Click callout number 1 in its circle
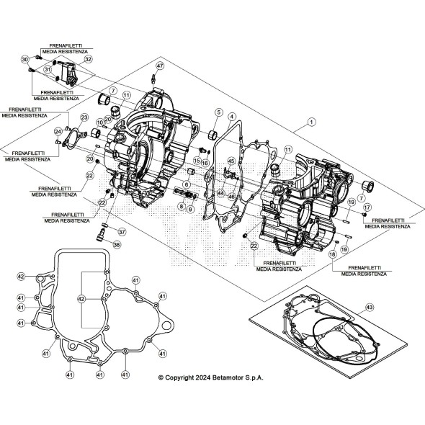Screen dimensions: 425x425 coord(310,122)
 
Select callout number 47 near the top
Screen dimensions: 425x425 coord(160,66)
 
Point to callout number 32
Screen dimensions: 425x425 coord(88,61)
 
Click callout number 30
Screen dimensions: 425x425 coord(24,59)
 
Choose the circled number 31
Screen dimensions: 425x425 coord(48,70)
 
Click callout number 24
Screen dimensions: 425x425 coord(58,131)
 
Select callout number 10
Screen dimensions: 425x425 coord(101,123)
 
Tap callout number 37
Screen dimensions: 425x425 coord(122,232)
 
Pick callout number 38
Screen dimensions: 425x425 coord(117,244)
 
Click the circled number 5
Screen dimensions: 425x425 coord(218,112)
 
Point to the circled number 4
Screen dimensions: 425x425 coord(231,117)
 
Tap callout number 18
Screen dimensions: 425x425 coord(333,254)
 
